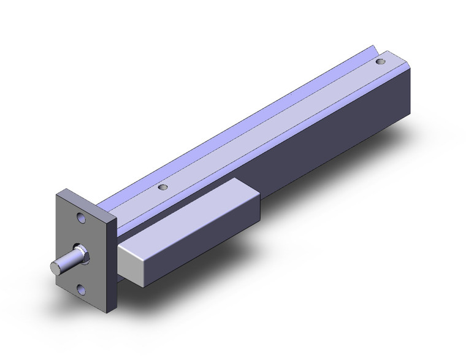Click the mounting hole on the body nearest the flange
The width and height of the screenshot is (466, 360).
tap(162, 188)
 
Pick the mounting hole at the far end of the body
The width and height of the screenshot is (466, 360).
tap(381, 61)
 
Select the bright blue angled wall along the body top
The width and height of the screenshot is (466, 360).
tap(245, 117)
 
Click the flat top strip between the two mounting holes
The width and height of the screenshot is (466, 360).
tap(270, 126)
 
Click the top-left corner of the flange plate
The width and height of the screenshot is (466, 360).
tap(60, 194)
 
